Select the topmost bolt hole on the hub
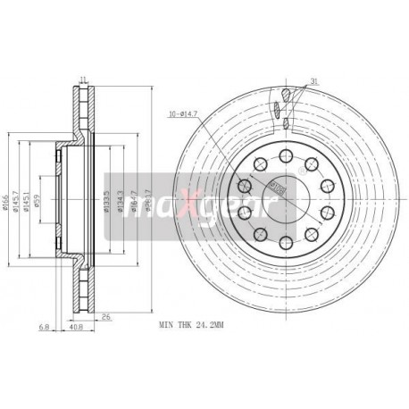point(285,157)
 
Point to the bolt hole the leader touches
point(261,164)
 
